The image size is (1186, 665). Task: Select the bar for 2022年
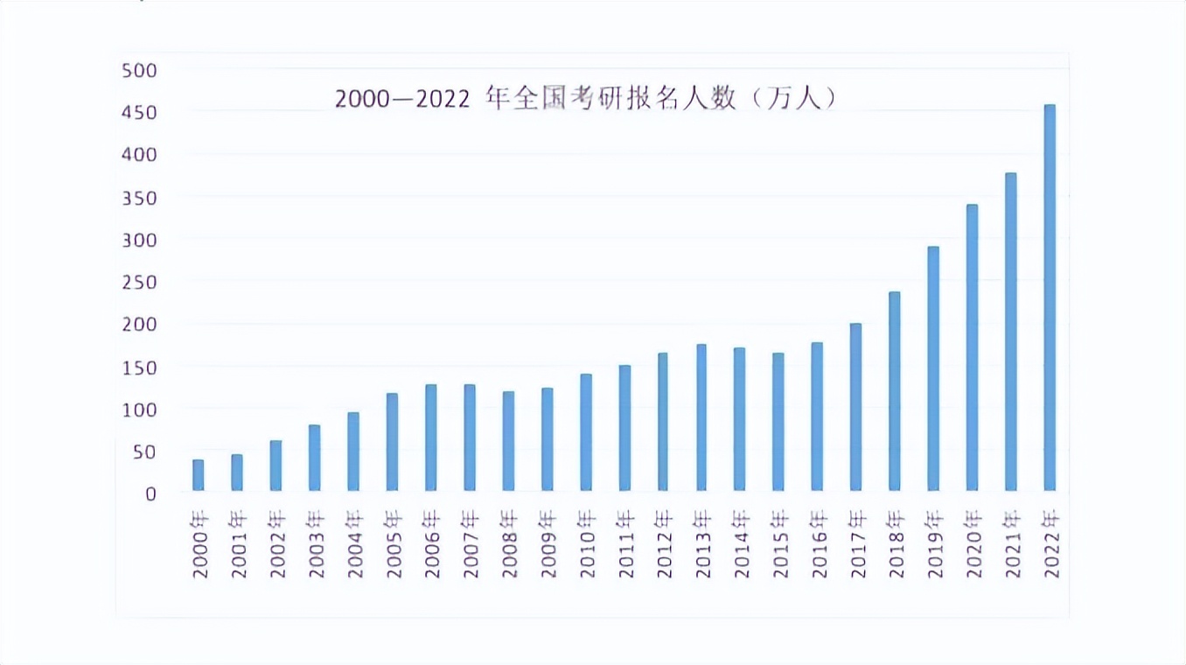tap(1050, 297)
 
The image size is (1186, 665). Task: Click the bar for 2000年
tap(199, 474)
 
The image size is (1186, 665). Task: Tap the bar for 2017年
tap(856, 407)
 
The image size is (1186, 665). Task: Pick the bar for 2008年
tap(508, 441)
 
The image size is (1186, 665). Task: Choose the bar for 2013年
tap(701, 417)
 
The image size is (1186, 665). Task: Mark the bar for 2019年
tap(933, 368)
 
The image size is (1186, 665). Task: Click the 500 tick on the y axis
tap(138, 70)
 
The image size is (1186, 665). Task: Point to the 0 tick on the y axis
tap(150, 493)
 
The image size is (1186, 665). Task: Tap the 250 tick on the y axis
tap(138, 282)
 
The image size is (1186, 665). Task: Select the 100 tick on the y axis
tap(138, 409)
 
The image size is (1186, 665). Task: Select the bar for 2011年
tap(624, 428)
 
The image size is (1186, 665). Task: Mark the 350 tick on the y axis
tap(138, 198)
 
